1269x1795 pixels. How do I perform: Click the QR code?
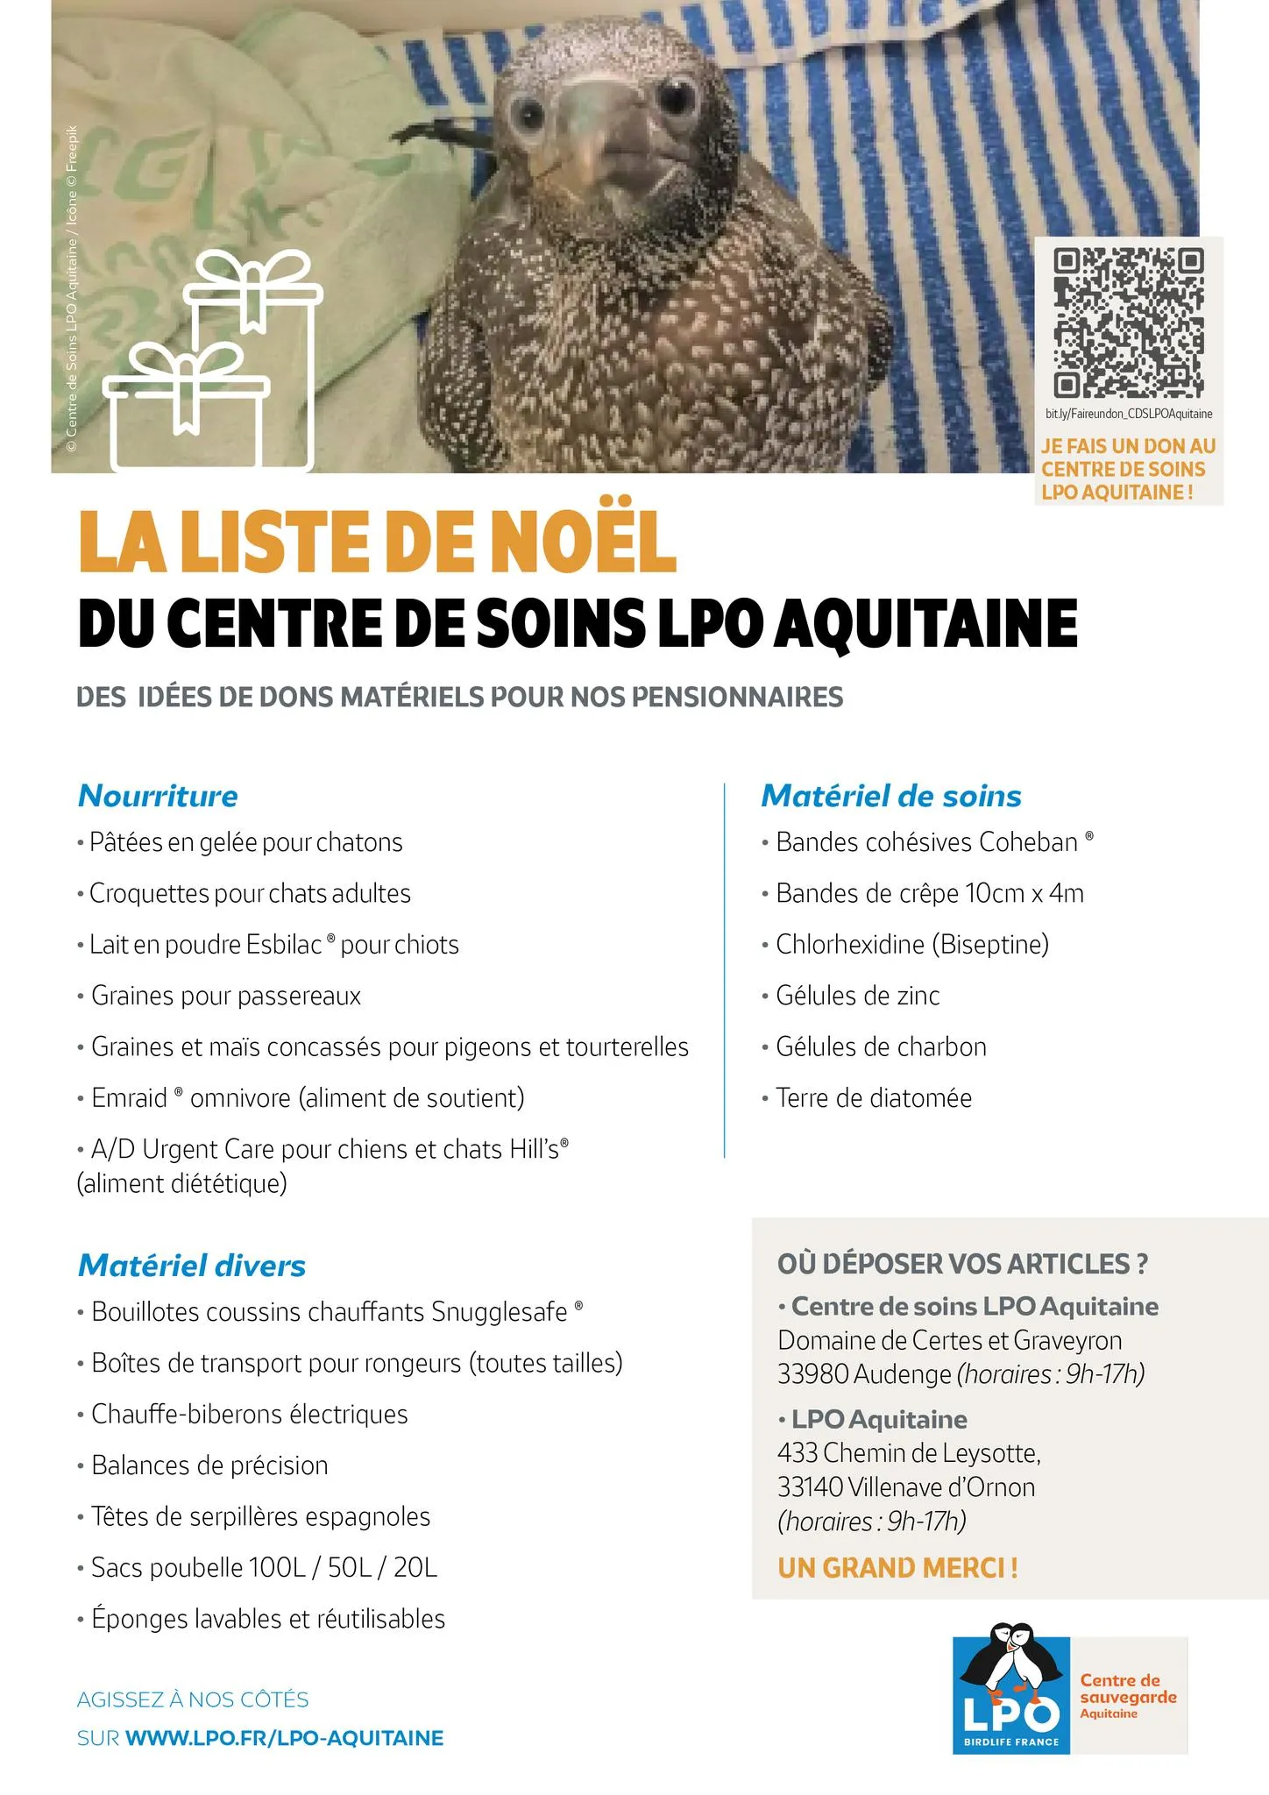click(1129, 323)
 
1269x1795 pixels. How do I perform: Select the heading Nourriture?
click(158, 796)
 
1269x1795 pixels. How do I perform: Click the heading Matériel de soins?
click(891, 796)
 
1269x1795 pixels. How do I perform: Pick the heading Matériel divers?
click(192, 1266)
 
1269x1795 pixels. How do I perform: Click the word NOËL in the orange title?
click(583, 541)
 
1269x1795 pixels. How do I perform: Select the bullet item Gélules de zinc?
click(857, 996)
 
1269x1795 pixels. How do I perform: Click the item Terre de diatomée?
click(874, 1098)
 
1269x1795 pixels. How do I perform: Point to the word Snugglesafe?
click(500, 1312)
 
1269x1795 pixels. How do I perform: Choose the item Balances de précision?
click(209, 1465)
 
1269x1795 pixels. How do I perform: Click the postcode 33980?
click(812, 1374)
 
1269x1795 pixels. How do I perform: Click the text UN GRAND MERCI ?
click(898, 1568)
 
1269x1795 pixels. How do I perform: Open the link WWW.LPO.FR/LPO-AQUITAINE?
click(285, 1738)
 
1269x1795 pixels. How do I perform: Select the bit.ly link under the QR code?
click(1129, 414)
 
